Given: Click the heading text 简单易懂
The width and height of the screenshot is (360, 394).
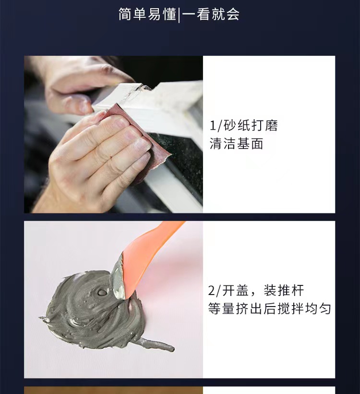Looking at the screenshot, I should [148, 14].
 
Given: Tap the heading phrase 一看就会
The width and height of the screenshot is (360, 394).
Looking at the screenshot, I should [211, 14].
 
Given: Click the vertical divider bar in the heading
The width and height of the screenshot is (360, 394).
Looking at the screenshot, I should [179, 15].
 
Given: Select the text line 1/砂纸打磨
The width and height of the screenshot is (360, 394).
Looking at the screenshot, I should [243, 126].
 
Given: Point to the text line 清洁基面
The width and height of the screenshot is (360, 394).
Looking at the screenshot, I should [236, 144].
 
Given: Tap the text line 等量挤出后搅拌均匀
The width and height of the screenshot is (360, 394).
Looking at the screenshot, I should [269, 308].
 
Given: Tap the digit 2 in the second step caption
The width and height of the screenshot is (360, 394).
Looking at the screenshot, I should [212, 291].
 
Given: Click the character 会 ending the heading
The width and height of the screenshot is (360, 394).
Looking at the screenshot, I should [233, 14].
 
